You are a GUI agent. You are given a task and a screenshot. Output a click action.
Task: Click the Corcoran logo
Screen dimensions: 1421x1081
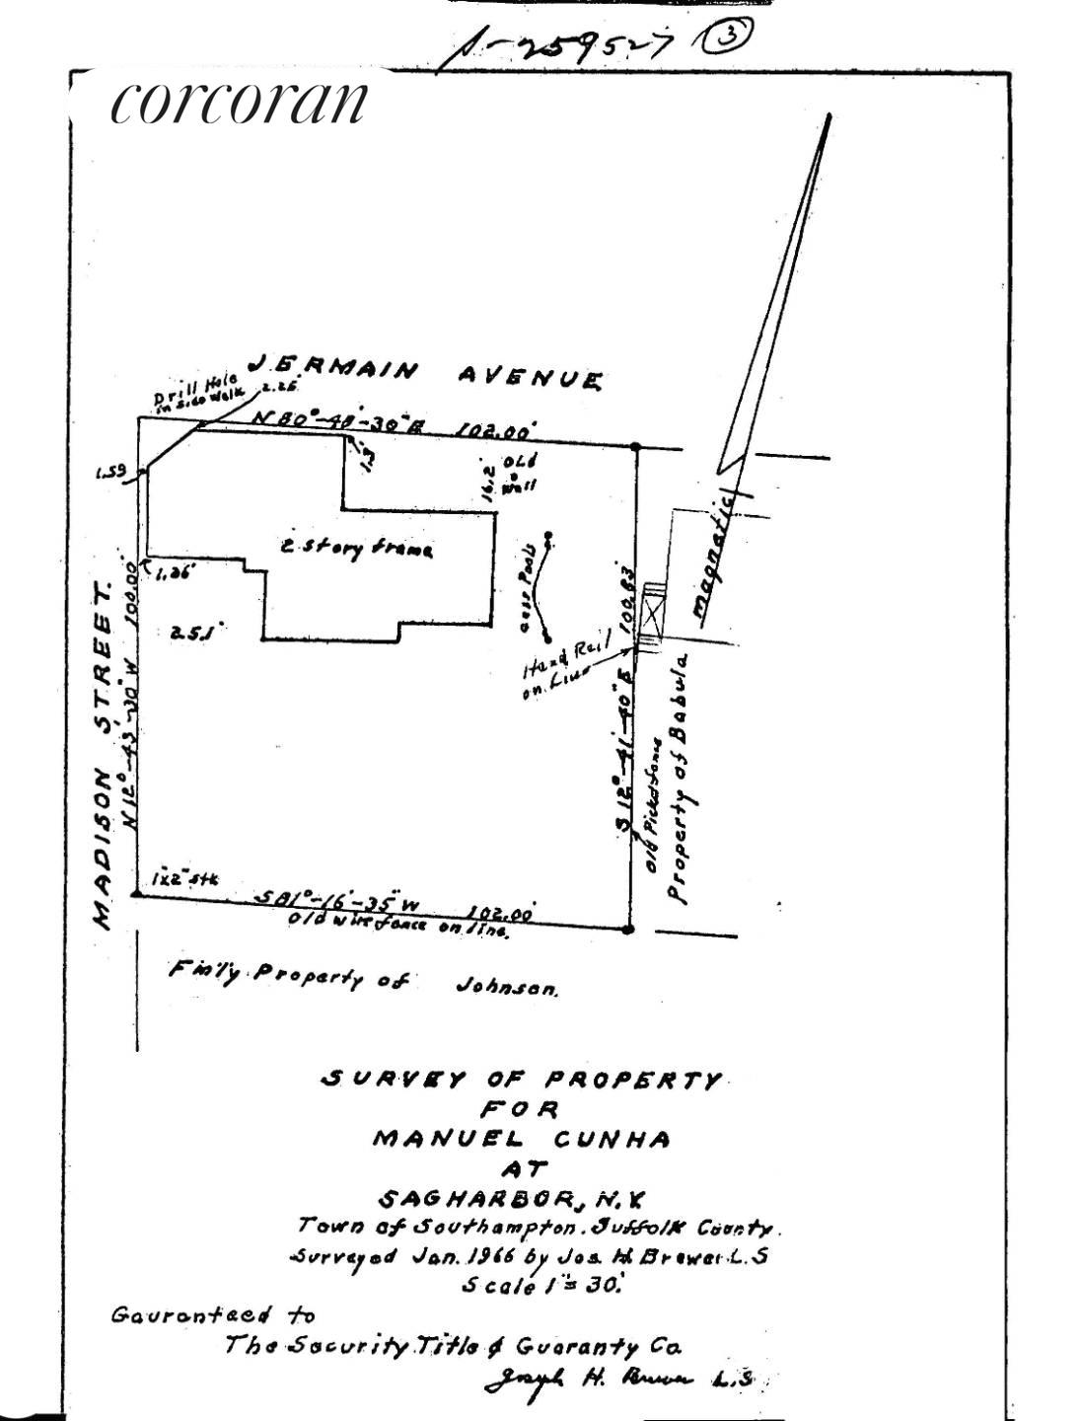click(x=239, y=102)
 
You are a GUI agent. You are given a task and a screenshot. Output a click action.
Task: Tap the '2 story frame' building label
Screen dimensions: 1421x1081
click(x=356, y=549)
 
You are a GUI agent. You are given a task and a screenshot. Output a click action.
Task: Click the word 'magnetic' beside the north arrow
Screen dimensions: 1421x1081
click(x=715, y=558)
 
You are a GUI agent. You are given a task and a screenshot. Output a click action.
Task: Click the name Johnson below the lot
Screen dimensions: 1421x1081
click(x=507, y=986)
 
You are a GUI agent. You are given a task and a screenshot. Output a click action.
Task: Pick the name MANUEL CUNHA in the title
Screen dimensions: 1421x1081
click(x=521, y=1139)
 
